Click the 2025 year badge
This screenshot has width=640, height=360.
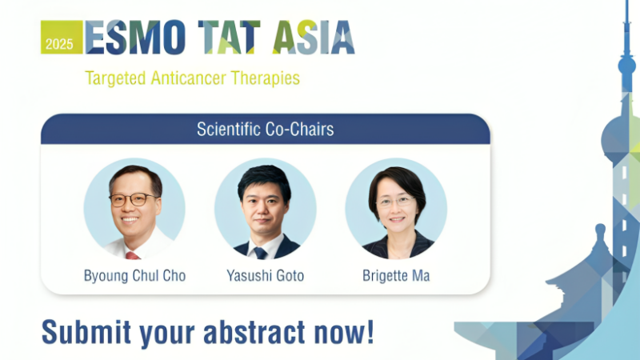click(x=60, y=42)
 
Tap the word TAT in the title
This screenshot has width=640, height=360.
click(x=214, y=38)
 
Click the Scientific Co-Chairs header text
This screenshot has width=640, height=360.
click(x=265, y=129)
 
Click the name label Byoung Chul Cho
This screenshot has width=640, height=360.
click(x=134, y=276)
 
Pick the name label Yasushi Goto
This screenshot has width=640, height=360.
click(x=265, y=276)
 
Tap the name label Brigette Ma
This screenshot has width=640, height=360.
click(x=396, y=276)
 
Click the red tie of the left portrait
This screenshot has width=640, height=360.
click(x=132, y=255)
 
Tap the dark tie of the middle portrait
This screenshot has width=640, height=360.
click(x=260, y=253)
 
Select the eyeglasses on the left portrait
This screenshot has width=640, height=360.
click(x=133, y=199)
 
